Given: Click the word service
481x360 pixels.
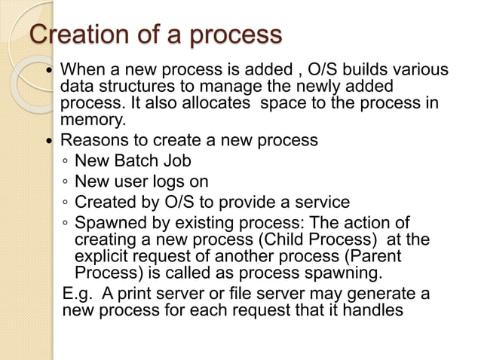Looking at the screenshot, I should pyautogui.click(x=321, y=202).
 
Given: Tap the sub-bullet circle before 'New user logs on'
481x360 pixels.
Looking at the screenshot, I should pyautogui.click(x=66, y=182).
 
